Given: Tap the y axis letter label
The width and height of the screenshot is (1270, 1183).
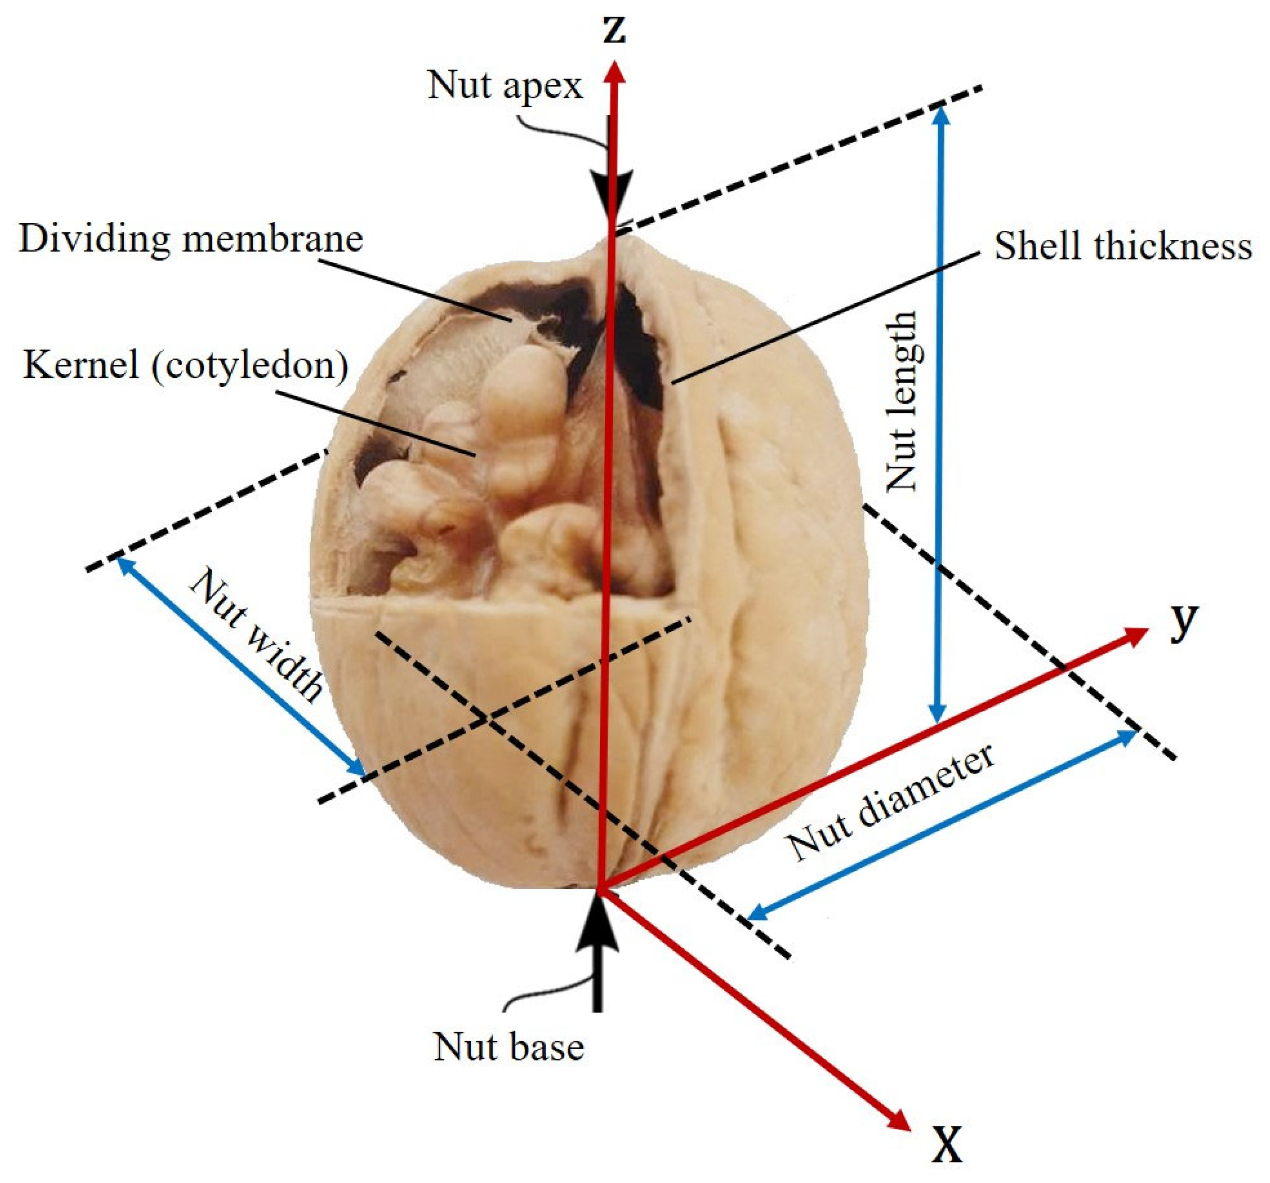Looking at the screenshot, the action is (1184, 620).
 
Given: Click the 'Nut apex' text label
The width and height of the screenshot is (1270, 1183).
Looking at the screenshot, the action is (505, 86).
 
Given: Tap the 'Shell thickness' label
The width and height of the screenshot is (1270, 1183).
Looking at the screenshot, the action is (1122, 246).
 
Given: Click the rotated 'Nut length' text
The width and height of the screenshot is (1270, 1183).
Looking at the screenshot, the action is (903, 401).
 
